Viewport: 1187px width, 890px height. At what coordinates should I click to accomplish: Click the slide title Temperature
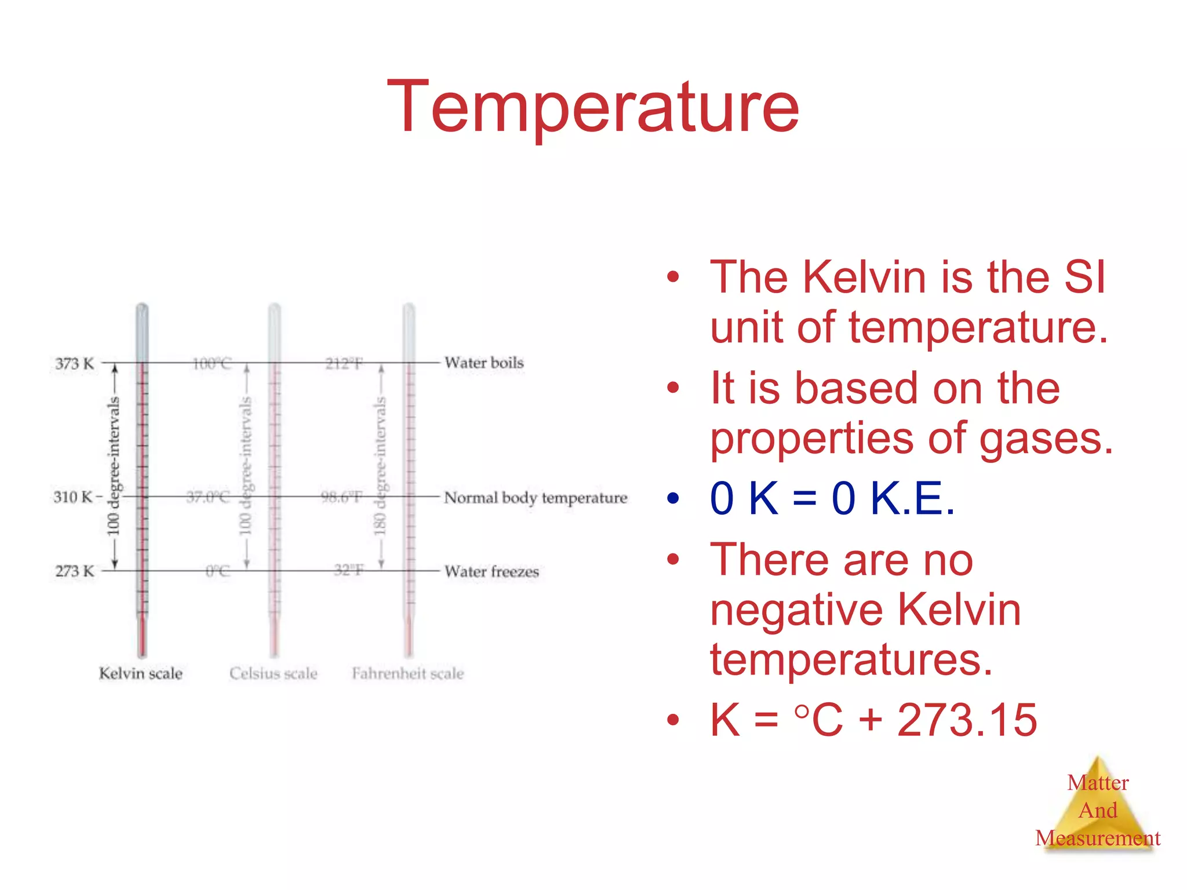[593, 108]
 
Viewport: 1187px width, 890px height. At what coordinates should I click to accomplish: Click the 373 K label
[74, 364]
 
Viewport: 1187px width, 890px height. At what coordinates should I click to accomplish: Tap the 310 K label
[73, 497]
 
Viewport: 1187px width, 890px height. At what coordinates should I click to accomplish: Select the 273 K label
[74, 571]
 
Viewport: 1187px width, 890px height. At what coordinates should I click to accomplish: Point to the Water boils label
[484, 363]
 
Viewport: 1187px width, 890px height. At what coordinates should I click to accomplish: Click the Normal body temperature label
[536, 498]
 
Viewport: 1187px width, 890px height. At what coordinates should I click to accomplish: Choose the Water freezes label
[491, 572]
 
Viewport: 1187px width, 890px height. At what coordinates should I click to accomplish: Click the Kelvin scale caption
[141, 673]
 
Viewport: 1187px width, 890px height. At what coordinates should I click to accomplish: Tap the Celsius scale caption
[274, 673]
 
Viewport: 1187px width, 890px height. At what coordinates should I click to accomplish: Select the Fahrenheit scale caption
[408, 673]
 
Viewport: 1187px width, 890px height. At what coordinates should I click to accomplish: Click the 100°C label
[212, 364]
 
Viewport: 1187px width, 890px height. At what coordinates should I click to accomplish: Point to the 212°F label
[344, 364]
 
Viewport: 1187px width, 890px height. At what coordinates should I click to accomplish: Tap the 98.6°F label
[342, 497]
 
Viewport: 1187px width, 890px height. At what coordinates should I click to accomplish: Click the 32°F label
[349, 571]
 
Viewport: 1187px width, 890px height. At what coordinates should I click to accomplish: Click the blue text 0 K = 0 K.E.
[832, 498]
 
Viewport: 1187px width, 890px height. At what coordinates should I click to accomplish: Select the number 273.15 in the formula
[967, 720]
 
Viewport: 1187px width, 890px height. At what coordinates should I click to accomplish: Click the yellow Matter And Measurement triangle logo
[1098, 805]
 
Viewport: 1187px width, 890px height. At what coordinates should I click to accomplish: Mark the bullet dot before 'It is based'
[672, 388]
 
